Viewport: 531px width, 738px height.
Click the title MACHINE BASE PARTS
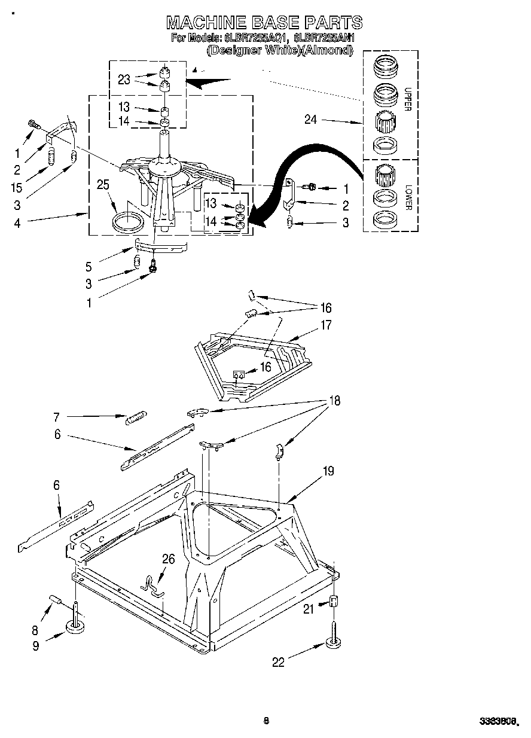(x=264, y=23)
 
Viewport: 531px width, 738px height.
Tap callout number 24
(x=310, y=120)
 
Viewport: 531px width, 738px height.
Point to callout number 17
(x=326, y=325)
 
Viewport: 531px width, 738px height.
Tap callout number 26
(x=169, y=559)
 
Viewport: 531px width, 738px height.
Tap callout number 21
(x=308, y=609)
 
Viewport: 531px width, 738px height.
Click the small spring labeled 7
(x=136, y=417)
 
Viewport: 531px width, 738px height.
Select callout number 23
(x=124, y=80)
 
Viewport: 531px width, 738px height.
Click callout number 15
(x=17, y=187)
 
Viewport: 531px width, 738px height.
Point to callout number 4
(x=17, y=223)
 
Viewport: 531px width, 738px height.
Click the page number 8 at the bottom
(x=266, y=721)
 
